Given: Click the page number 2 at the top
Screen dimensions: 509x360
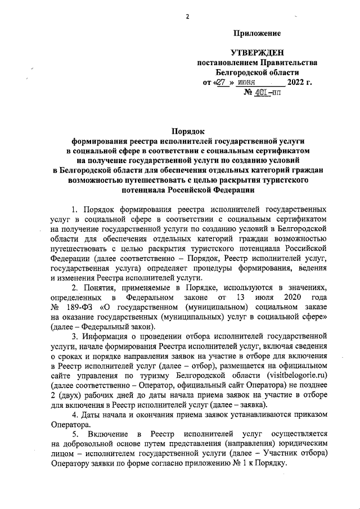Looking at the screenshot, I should point(186,16).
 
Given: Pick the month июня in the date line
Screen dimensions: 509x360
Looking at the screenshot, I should point(247,83).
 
